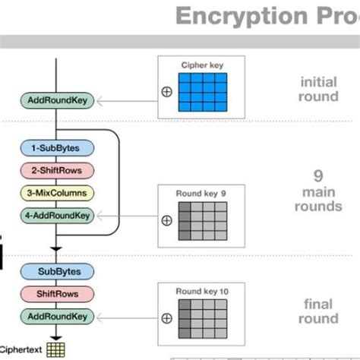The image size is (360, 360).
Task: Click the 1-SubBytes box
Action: [58, 147]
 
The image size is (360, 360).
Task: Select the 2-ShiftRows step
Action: [58, 170]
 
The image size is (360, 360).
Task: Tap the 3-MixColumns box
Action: [58, 193]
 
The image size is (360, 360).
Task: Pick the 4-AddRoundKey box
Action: [58, 216]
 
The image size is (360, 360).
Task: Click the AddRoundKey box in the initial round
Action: [58, 100]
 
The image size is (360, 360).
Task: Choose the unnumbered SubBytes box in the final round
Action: [58, 271]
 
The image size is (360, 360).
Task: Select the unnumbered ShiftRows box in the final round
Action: [58, 294]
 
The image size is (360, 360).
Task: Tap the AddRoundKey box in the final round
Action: [58, 316]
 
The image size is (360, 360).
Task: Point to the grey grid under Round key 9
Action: [203, 221]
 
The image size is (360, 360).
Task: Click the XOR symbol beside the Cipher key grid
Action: [167, 92]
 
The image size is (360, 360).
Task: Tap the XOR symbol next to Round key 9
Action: [167, 221]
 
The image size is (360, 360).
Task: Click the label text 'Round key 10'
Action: [201, 291]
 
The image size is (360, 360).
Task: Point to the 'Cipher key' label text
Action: [201, 65]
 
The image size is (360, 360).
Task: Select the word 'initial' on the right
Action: [319, 81]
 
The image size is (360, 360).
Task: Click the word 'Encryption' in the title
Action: [238, 16]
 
